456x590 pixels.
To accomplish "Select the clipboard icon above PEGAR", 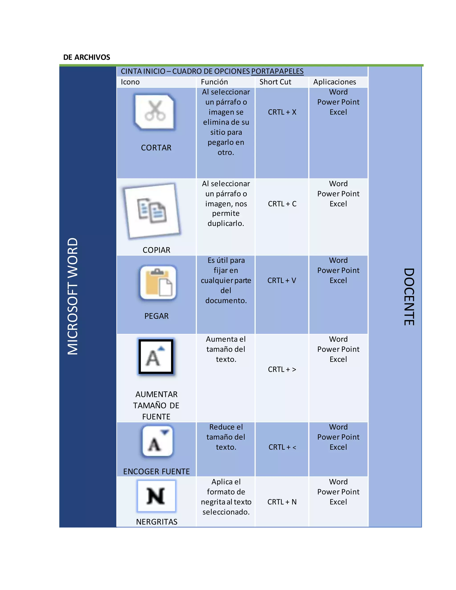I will (x=158, y=283).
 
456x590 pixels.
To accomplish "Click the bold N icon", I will (x=156, y=496).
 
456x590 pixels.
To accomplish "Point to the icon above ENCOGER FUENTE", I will (x=157, y=441).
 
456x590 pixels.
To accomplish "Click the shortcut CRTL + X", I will (x=282, y=112).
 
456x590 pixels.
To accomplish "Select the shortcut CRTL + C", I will (x=282, y=204).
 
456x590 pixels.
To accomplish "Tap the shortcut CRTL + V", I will (x=282, y=280).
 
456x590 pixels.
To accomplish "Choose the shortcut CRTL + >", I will (x=282, y=369).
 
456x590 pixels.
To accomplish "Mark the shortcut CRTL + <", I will (x=282, y=447).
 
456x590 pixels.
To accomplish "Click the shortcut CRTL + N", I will (x=282, y=502).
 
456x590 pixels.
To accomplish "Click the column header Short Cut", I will (x=275, y=82).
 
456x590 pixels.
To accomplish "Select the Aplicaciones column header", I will (x=334, y=82).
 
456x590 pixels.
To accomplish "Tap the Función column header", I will (x=214, y=82).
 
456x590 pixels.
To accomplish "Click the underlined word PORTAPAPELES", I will (x=277, y=71).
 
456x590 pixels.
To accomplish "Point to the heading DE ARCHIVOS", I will (x=86, y=57).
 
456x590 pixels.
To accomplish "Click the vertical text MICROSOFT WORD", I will (x=73, y=296).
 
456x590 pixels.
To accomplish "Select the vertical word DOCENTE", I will (x=409, y=297).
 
